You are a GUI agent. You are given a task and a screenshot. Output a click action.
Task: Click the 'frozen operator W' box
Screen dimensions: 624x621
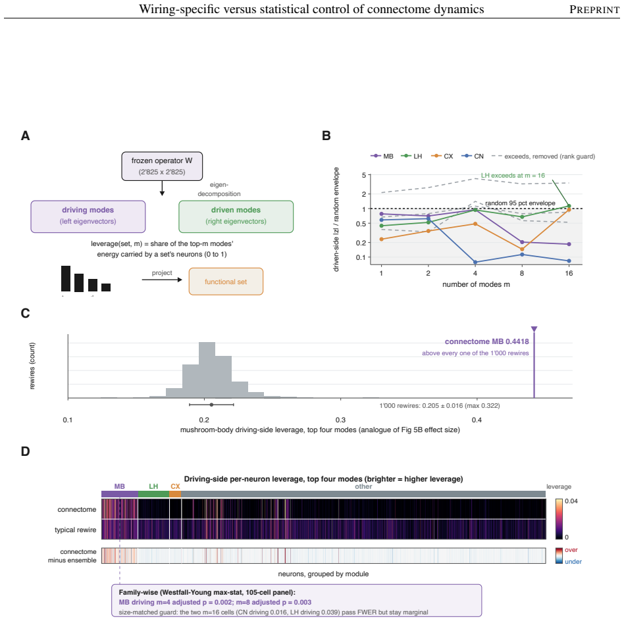[162, 166]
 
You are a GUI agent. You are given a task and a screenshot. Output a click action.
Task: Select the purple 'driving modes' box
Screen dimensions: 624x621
[88, 216]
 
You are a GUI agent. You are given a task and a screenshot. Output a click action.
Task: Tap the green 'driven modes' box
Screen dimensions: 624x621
[236, 216]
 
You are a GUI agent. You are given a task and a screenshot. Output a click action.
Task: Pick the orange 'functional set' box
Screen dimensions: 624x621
[226, 282]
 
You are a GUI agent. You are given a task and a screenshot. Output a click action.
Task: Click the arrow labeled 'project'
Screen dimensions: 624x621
[162, 280]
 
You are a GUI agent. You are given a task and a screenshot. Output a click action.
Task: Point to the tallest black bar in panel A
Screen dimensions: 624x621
[66, 278]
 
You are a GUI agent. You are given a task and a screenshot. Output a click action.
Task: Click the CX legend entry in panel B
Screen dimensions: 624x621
[442, 157]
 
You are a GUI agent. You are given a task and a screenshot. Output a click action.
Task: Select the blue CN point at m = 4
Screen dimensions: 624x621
[475, 262]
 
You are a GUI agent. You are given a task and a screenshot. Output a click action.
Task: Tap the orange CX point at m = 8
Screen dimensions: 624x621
[522, 249]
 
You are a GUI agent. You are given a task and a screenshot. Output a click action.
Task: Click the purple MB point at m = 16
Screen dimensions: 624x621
[569, 244]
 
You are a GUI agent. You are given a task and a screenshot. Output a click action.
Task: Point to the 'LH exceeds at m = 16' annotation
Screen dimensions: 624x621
[513, 176]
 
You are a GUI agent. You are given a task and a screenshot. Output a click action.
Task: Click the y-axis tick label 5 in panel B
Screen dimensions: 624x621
[364, 176]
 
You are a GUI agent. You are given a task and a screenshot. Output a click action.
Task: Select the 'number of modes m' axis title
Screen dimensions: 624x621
[476, 284]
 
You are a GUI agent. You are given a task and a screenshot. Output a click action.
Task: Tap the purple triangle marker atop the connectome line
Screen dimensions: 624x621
[534, 329]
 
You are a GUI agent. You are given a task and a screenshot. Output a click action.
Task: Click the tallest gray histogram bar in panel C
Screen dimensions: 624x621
[207, 370]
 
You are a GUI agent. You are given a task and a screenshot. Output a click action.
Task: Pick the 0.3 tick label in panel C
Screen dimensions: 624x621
[341, 420]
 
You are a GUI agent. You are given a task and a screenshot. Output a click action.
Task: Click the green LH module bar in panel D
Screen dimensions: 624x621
[153, 494]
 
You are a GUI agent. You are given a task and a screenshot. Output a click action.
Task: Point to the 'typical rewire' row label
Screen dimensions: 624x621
[76, 530]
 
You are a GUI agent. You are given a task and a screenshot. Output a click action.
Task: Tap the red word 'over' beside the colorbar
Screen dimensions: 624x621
[571, 550]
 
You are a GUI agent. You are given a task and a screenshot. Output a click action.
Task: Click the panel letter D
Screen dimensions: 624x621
[25, 451]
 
